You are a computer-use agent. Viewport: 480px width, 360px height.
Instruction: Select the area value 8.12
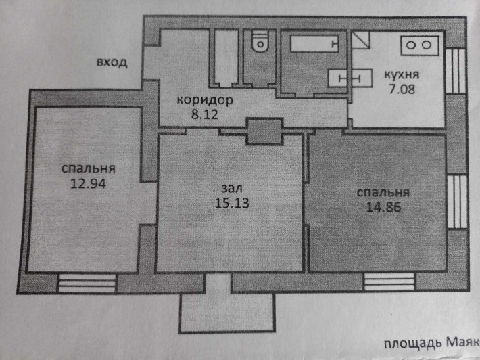204,114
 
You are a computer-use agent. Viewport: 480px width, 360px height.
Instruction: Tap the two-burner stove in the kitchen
419,45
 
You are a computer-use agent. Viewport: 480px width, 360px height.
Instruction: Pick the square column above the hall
263,131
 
